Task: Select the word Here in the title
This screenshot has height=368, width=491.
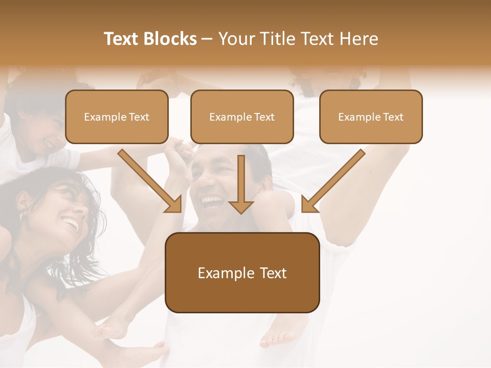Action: tap(359, 39)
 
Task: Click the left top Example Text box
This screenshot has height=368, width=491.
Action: tap(117, 117)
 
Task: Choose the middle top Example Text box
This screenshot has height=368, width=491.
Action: tap(242, 117)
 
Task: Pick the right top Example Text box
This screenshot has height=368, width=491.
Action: tap(371, 117)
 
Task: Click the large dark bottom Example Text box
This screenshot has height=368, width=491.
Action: tap(242, 272)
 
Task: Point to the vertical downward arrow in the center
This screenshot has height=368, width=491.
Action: tap(241, 184)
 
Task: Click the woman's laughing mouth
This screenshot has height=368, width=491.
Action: tap(71, 223)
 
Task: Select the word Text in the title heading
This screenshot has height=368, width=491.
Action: tap(123, 39)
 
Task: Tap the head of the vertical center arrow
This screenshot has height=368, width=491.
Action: tap(241, 206)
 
